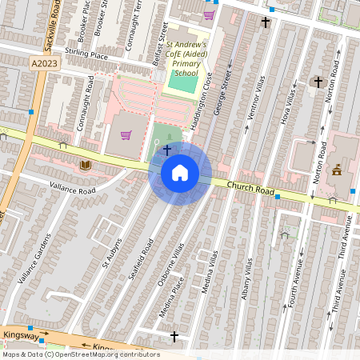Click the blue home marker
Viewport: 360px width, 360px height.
tap(180, 173)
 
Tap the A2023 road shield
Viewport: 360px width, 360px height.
tap(46, 62)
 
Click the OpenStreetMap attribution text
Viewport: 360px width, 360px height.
tap(80, 354)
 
